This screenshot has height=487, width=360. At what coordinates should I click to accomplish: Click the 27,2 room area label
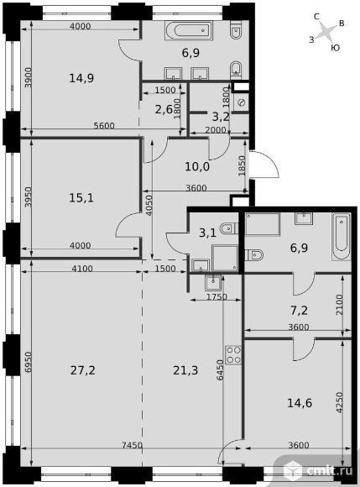tap(82, 370)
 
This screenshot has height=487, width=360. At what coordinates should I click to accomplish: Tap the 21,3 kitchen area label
tap(185, 370)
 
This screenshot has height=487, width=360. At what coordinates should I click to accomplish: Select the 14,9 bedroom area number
tap(81, 78)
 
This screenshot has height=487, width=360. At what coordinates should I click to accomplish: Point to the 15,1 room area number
tap(81, 197)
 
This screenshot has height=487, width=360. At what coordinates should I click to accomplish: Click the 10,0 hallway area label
tap(197, 167)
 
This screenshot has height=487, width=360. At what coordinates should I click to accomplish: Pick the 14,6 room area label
tap(300, 403)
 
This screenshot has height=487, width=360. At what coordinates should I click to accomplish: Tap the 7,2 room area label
tap(299, 311)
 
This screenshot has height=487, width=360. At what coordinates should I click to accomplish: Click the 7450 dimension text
tap(133, 445)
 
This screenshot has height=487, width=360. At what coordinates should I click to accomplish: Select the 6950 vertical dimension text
tap(29, 362)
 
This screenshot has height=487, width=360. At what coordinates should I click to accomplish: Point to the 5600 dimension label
tap(104, 125)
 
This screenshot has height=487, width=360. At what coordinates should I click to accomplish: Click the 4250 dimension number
tap(340, 402)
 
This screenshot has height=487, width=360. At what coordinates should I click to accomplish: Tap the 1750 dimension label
tap(217, 297)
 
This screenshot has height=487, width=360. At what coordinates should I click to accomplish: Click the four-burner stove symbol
tap(233, 354)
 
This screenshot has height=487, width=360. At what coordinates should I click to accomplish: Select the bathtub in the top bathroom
tap(189, 30)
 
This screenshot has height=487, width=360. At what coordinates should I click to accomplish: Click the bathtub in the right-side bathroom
tap(341, 237)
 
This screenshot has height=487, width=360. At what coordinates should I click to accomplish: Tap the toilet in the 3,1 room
tap(229, 229)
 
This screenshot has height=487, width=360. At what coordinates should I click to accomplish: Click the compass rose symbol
tap(326, 31)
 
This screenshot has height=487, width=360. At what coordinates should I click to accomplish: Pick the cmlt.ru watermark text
tap(330, 470)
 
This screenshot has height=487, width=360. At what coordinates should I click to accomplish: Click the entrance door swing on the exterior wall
tap(264, 164)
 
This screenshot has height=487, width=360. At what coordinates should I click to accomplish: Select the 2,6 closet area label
tap(163, 109)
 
